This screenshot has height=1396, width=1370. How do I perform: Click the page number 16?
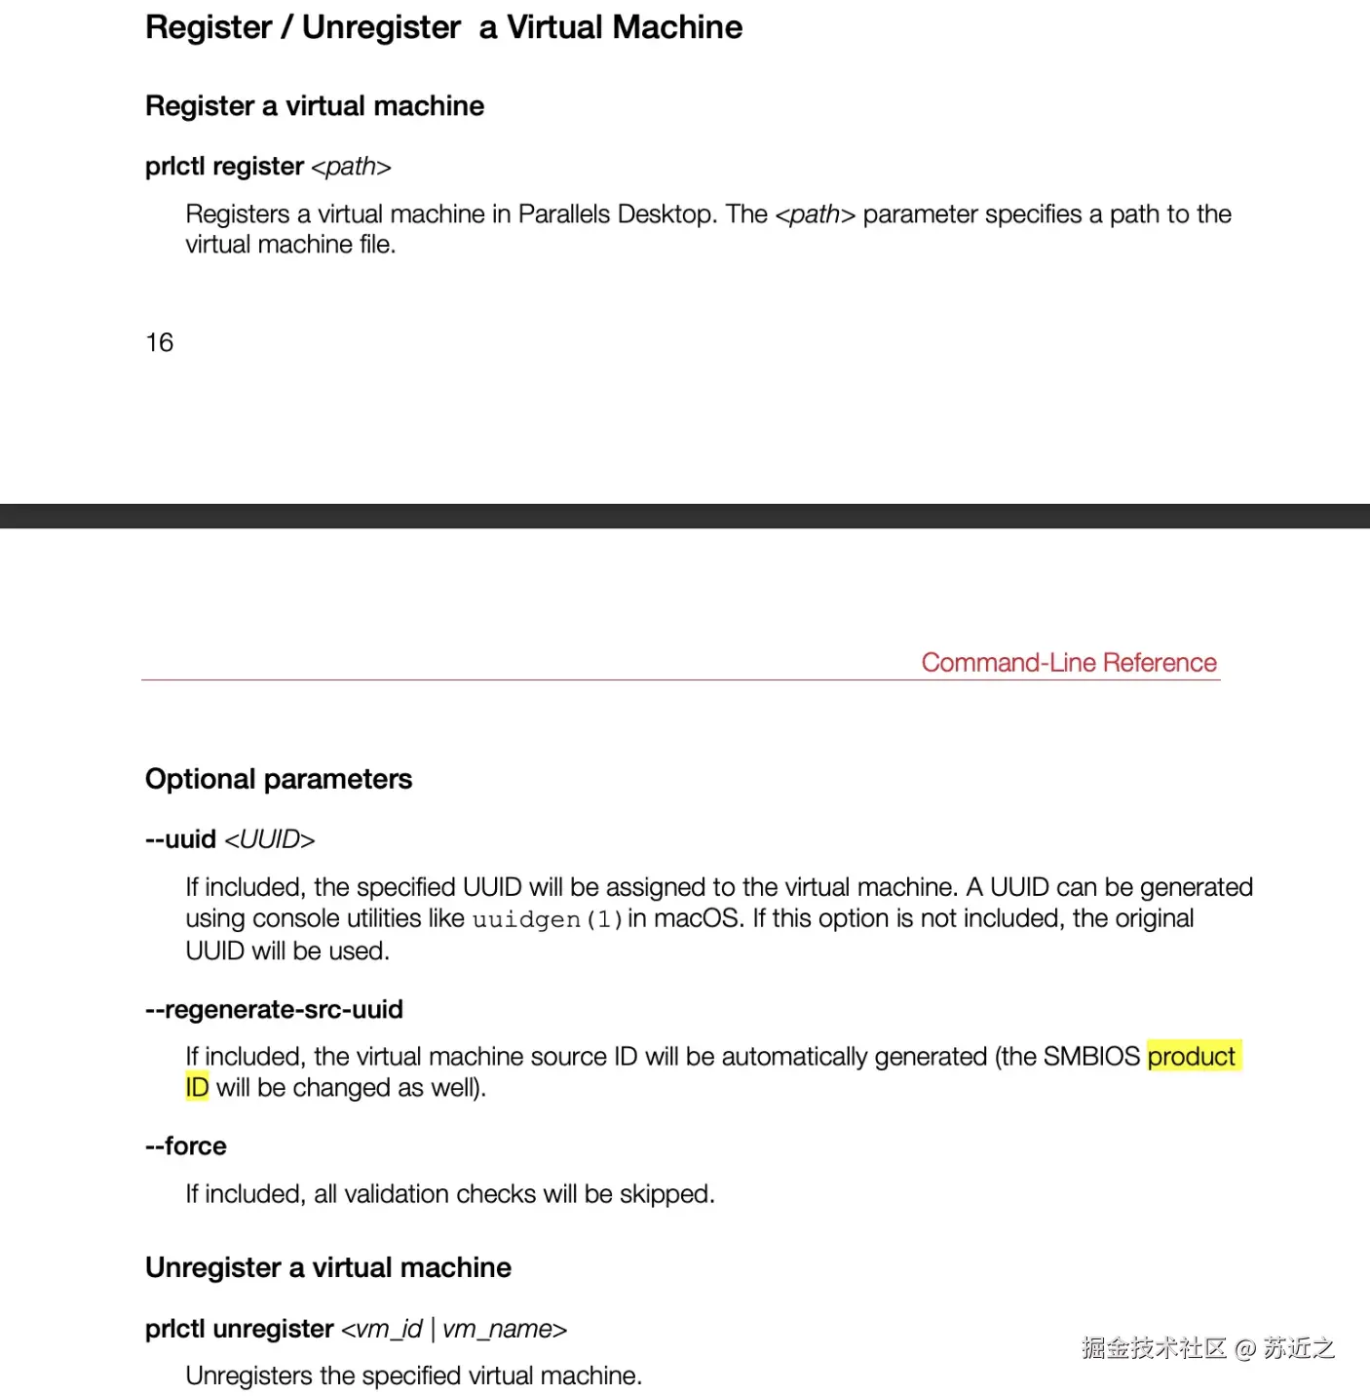159,342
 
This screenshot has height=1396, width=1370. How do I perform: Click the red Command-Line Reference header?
1069,663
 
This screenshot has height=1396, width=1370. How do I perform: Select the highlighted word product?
1192,1057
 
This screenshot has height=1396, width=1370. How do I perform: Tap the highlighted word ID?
197,1088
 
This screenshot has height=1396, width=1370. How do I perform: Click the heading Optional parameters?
279,779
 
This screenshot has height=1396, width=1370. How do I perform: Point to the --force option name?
186,1146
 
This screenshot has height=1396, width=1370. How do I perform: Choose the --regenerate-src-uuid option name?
274,1010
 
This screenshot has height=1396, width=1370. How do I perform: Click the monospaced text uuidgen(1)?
547,919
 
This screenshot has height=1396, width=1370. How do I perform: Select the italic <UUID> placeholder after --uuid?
270,839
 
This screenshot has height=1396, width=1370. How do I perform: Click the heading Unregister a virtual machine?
328,1267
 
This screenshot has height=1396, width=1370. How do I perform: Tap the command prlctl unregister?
240,1329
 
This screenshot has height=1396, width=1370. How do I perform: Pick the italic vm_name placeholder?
504,1329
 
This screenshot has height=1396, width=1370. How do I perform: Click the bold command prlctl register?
224,167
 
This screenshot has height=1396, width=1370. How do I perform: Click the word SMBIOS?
1091,1057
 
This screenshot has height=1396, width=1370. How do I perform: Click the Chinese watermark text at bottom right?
1207,1348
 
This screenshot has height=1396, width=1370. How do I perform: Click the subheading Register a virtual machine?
315,106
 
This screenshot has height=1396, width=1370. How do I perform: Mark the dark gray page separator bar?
685,516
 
